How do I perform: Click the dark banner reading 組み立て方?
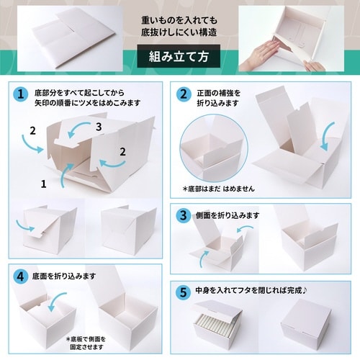coord(179,56)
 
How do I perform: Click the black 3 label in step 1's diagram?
coord(98,127)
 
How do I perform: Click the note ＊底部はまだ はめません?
coord(220,189)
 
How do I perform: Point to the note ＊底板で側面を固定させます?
coord(90,342)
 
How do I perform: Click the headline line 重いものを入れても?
coord(179,20)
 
